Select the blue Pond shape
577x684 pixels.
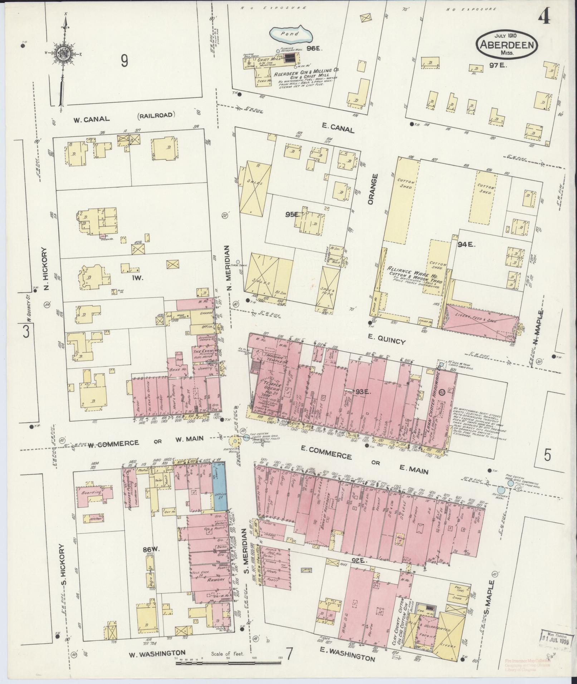(x=291, y=34)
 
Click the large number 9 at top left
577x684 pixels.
(x=124, y=62)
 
